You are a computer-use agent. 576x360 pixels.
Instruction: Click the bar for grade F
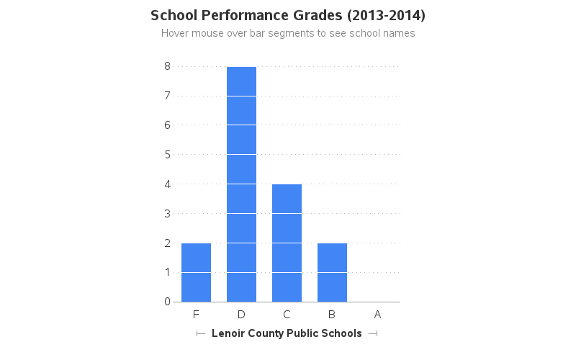pos(196,272)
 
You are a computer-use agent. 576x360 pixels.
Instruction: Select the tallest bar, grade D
pos(241,184)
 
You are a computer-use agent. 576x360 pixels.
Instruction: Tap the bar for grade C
pos(287,243)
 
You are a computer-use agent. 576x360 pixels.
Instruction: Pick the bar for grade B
pos(332,272)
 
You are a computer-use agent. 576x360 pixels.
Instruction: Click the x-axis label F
pos(196,314)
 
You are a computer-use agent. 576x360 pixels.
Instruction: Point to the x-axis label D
pos(241,314)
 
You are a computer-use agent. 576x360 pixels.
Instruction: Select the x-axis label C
pos(287,314)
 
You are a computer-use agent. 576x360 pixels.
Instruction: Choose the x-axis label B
pos(332,314)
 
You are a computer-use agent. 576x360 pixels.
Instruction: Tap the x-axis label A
pos(377,314)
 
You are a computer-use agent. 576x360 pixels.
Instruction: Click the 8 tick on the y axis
pos(167,66)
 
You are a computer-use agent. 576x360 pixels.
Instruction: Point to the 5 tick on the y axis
pos(167,154)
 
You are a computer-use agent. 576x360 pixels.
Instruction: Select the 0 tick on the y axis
pos(167,302)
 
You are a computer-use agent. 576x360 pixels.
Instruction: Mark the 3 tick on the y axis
pos(167,213)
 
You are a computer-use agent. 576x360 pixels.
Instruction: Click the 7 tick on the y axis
pos(167,96)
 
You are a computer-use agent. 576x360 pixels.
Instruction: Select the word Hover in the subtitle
pos(175,33)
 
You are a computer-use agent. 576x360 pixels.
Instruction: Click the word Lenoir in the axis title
pos(227,333)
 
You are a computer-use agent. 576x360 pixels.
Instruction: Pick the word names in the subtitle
pos(400,33)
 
